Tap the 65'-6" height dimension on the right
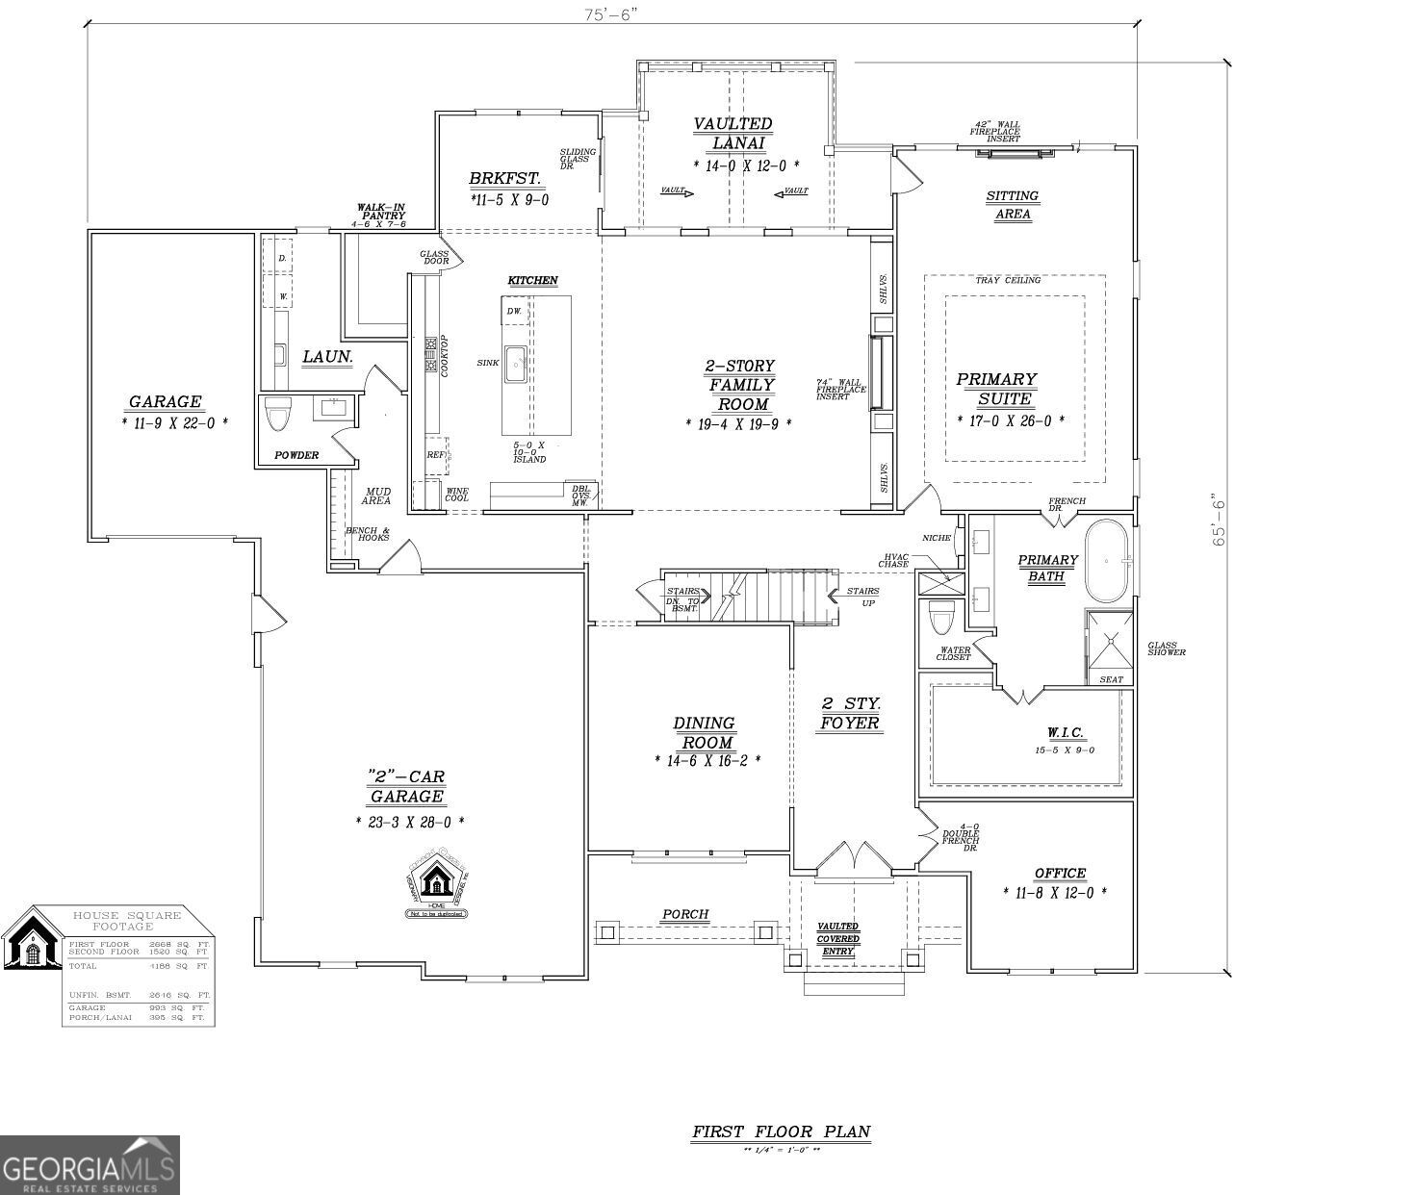click(x=1220, y=521)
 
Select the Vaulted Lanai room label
click(x=733, y=134)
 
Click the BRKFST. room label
click(x=504, y=179)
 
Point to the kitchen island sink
click(x=515, y=364)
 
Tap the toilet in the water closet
click(x=940, y=617)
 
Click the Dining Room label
click(x=704, y=732)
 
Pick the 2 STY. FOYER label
click(x=849, y=713)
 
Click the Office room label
click(x=1060, y=874)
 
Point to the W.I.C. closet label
click(x=1065, y=733)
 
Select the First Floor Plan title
click(x=781, y=1131)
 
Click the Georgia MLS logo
click(x=90, y=1165)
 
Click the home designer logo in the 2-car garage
click(x=437, y=881)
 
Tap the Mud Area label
click(x=375, y=496)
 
